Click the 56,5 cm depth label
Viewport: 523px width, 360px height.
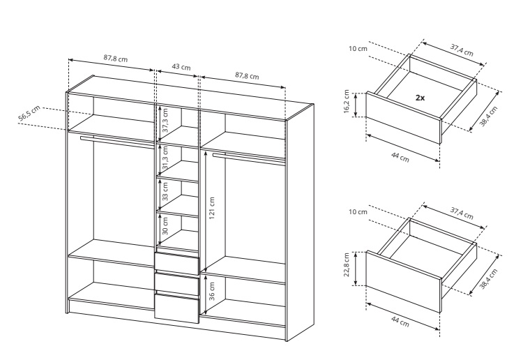click(x=29, y=113)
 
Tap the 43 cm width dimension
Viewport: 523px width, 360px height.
click(x=181, y=67)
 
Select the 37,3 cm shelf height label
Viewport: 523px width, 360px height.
click(x=165, y=120)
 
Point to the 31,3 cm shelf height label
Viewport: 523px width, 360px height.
click(x=165, y=158)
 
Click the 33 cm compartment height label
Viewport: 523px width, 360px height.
click(x=165, y=191)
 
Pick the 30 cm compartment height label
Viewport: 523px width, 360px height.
click(x=165, y=226)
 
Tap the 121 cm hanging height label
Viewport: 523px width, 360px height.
click(x=212, y=208)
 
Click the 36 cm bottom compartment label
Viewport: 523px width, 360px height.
click(x=212, y=291)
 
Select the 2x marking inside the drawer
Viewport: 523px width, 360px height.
click(x=420, y=98)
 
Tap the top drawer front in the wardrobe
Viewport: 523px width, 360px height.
click(x=177, y=263)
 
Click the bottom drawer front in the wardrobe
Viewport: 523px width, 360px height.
click(x=177, y=308)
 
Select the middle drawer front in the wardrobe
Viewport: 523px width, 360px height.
click(x=177, y=284)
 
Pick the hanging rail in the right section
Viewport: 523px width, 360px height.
click(x=249, y=158)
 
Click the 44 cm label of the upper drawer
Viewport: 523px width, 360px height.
click(x=400, y=157)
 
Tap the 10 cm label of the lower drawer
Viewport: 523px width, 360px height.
click(x=358, y=212)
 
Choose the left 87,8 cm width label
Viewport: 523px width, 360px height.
click(x=115, y=59)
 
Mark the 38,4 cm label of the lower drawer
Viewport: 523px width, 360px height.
click(x=489, y=278)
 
